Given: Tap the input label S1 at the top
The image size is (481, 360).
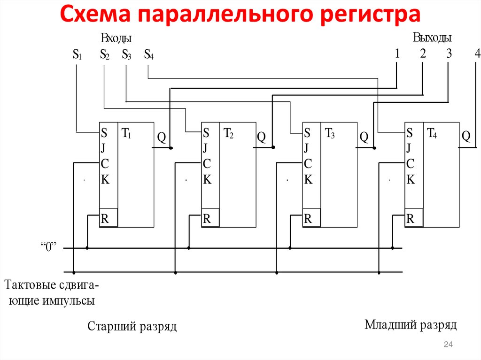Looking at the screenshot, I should [77, 55].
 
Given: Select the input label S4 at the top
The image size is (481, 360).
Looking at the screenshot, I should [148, 55].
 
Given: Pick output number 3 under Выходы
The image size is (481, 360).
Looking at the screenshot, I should [449, 54].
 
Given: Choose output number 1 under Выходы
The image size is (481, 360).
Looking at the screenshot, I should [397, 54].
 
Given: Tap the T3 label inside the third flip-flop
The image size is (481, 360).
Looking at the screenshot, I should [330, 133].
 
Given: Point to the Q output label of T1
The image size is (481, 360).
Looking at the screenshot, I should [161, 137].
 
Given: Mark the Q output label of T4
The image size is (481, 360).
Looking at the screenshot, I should [465, 136].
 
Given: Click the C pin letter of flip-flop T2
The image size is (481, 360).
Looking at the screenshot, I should [207, 164].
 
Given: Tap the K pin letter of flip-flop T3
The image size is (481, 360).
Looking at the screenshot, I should [308, 179].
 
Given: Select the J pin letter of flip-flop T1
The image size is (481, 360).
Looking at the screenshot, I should [103, 148].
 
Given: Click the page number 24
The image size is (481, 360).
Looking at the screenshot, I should [448, 345].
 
